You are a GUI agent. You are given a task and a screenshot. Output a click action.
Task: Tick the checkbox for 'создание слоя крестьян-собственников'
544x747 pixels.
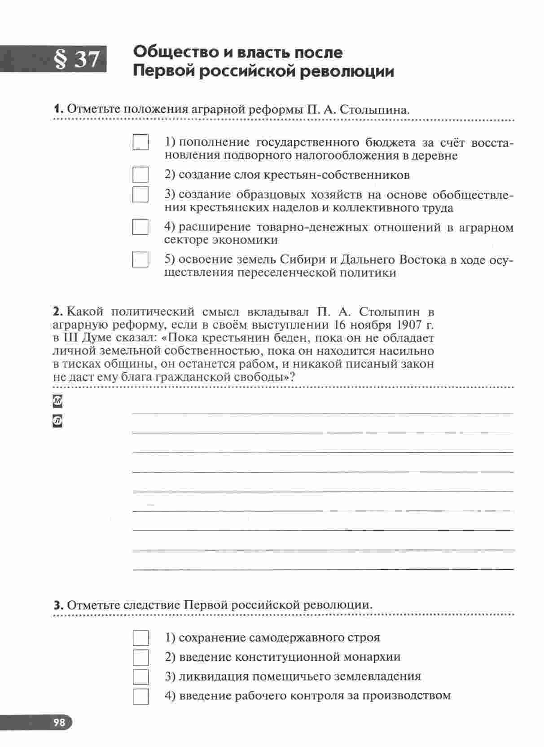click(140, 174)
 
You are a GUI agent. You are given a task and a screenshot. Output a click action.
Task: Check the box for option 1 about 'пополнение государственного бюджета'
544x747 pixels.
click(140, 142)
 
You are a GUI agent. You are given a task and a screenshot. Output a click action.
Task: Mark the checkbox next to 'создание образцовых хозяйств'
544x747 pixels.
click(140, 194)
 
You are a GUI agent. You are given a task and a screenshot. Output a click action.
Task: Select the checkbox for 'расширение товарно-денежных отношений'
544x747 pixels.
click(140, 227)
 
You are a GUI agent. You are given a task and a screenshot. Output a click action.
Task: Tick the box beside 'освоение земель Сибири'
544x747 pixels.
click(140, 259)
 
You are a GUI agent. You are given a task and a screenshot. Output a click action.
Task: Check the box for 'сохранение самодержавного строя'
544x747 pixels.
click(141, 638)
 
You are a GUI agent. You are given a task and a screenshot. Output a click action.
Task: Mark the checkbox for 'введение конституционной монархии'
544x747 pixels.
click(141, 657)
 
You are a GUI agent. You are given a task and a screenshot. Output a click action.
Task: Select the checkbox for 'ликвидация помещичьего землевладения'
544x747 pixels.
click(141, 677)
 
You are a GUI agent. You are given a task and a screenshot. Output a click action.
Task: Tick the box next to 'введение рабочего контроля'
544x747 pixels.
click(141, 696)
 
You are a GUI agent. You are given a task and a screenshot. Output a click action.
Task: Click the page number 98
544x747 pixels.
click(59, 722)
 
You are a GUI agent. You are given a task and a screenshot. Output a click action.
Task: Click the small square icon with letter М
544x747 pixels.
click(57, 401)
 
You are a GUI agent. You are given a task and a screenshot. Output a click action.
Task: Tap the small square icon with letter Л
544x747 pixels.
click(57, 421)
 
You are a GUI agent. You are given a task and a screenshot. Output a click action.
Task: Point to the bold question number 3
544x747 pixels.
click(58, 605)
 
